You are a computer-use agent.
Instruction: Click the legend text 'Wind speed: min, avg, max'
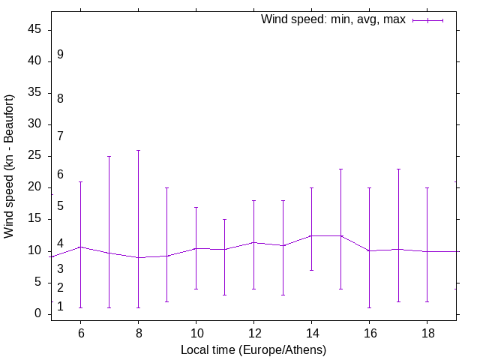coord(333,19)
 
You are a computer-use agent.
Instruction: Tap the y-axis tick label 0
coord(39,314)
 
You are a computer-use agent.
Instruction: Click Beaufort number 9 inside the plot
coord(60,55)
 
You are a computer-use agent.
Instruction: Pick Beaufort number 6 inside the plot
coord(60,175)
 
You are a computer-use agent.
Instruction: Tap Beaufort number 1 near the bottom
coord(60,307)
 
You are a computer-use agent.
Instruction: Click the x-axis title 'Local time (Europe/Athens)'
coord(253,349)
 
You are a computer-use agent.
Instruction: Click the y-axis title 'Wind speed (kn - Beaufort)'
coord(10,166)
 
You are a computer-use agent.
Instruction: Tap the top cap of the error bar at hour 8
coord(138,150)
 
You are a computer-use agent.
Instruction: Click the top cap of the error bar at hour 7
coord(109,157)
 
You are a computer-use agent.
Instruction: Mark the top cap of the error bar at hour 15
coord(340,169)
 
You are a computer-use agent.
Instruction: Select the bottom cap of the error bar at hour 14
coord(311,270)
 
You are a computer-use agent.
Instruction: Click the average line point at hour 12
coord(253,242)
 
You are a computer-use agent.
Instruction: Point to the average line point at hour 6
coord(80,247)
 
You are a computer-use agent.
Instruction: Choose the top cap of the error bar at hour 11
coord(224,220)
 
